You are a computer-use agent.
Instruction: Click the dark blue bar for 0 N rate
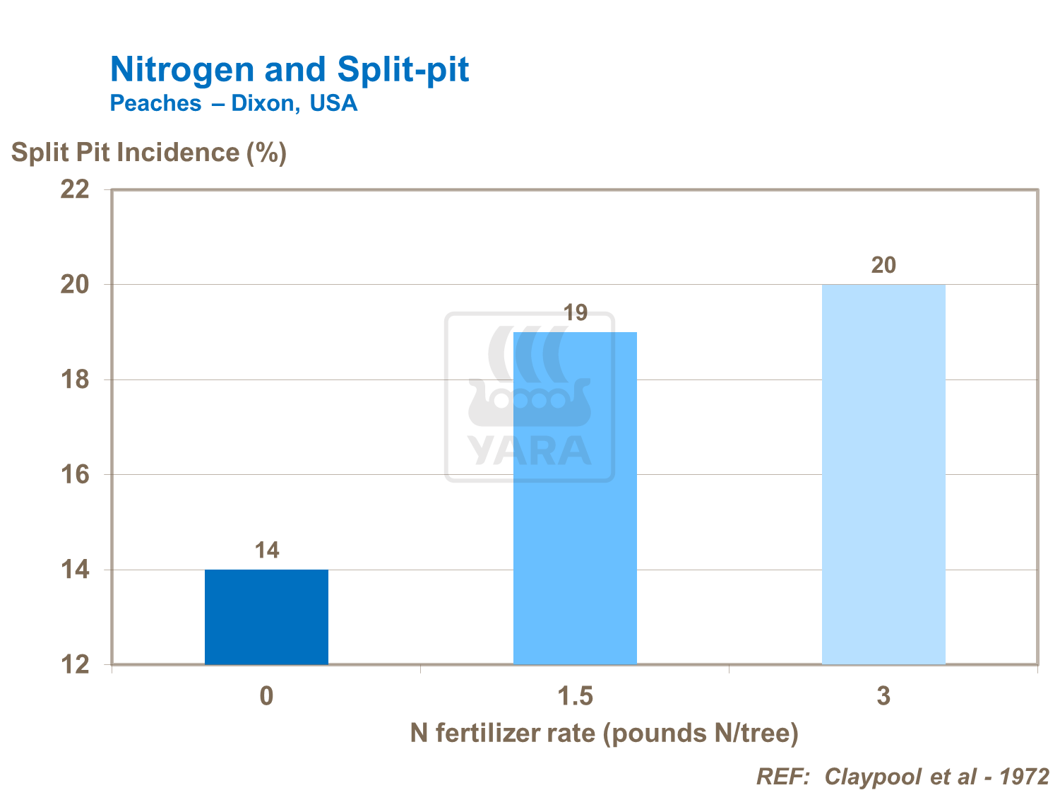click(x=266, y=616)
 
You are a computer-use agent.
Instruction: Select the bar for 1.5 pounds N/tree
click(x=575, y=497)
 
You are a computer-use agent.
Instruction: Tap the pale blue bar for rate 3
click(x=883, y=473)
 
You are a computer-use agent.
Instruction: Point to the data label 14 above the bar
click(x=267, y=550)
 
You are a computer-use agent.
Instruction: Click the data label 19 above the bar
click(x=576, y=313)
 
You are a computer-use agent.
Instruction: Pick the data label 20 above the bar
click(x=883, y=266)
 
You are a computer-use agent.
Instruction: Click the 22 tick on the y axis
click(x=76, y=190)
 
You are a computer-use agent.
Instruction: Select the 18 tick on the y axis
click(x=76, y=380)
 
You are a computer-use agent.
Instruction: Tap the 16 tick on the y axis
click(x=76, y=475)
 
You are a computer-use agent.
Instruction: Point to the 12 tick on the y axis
click(x=76, y=665)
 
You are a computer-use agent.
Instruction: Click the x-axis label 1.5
click(x=575, y=697)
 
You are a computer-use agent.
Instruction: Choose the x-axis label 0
click(x=266, y=697)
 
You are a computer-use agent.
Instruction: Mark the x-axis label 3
click(x=883, y=697)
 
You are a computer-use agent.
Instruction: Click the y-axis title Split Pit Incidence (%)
click(x=149, y=153)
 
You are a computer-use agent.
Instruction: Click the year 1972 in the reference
click(x=1025, y=777)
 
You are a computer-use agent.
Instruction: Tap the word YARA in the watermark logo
click(x=530, y=450)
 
